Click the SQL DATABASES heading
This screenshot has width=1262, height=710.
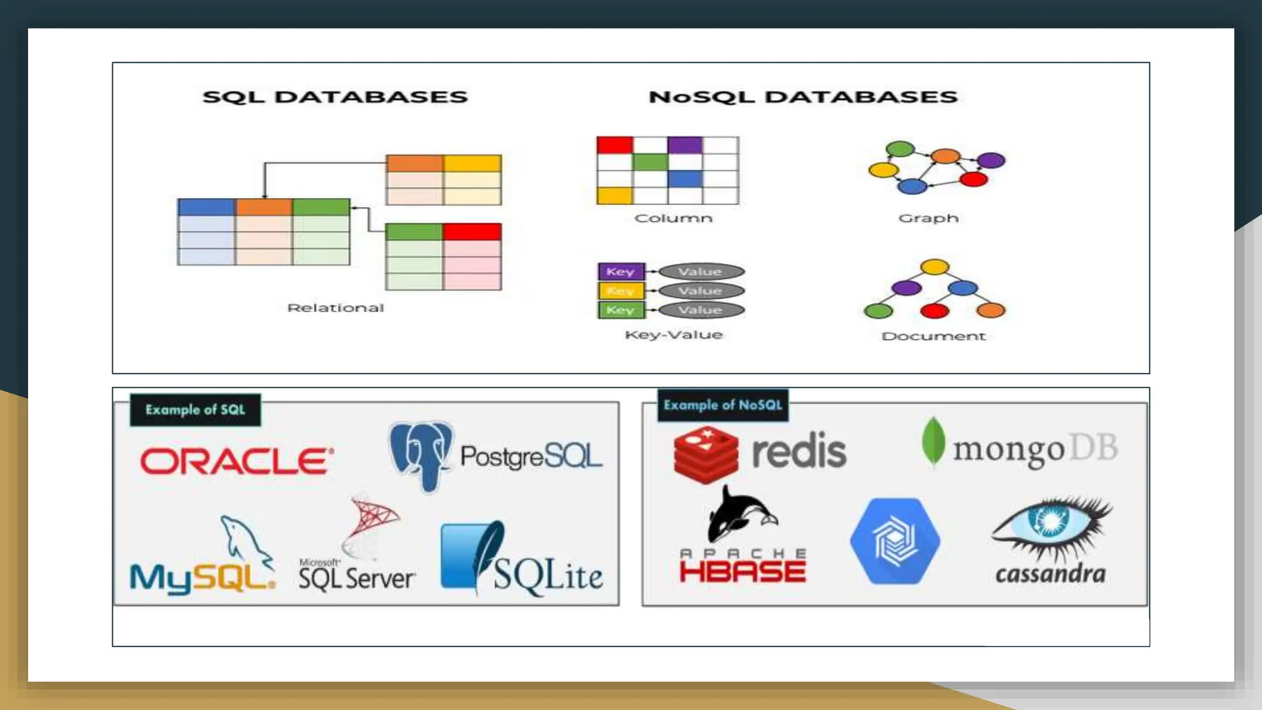[x=335, y=97]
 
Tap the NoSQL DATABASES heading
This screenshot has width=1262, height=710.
[x=803, y=97]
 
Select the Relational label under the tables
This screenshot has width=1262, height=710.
[x=335, y=308]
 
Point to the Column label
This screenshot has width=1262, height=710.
[x=673, y=218]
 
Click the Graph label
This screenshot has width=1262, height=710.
[x=928, y=218]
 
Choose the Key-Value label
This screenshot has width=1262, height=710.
[x=673, y=335]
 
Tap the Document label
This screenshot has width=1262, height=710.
[x=933, y=336]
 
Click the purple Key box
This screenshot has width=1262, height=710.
[x=621, y=272]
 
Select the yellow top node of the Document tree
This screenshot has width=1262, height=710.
[x=934, y=267]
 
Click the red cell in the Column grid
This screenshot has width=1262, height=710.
[x=614, y=145]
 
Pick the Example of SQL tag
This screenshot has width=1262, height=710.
[x=195, y=410]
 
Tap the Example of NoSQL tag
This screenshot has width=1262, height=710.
[x=723, y=405]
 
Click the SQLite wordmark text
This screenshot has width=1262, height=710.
[x=548, y=576]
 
